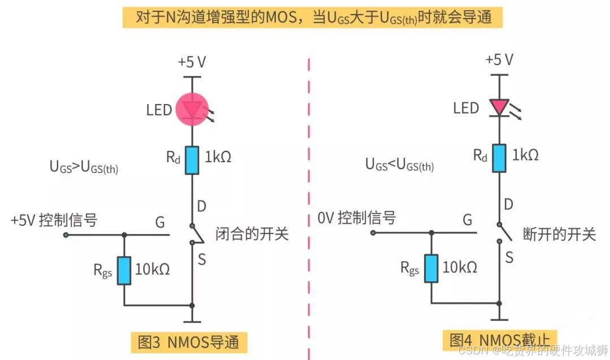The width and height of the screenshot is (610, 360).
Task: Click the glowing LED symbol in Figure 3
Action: (193, 110)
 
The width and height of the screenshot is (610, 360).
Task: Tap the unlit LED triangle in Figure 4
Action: (499, 107)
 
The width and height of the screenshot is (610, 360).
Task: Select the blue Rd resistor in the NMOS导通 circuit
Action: (193, 161)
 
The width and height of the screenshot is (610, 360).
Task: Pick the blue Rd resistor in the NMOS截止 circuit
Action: (499, 158)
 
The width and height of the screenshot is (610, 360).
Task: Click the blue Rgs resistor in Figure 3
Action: (125, 270)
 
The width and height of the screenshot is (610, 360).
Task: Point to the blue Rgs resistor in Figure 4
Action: (432, 267)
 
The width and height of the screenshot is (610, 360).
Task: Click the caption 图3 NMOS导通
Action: (189, 341)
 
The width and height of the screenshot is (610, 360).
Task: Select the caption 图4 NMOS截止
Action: (500, 341)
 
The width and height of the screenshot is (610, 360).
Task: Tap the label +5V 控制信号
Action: (54, 220)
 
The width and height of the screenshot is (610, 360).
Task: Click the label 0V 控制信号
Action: (356, 218)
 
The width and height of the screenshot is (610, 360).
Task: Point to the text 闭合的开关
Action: (252, 233)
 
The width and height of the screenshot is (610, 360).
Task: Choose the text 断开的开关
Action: (560, 233)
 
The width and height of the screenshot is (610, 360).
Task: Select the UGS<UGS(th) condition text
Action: (399, 165)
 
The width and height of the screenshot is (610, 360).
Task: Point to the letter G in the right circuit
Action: (467, 220)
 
